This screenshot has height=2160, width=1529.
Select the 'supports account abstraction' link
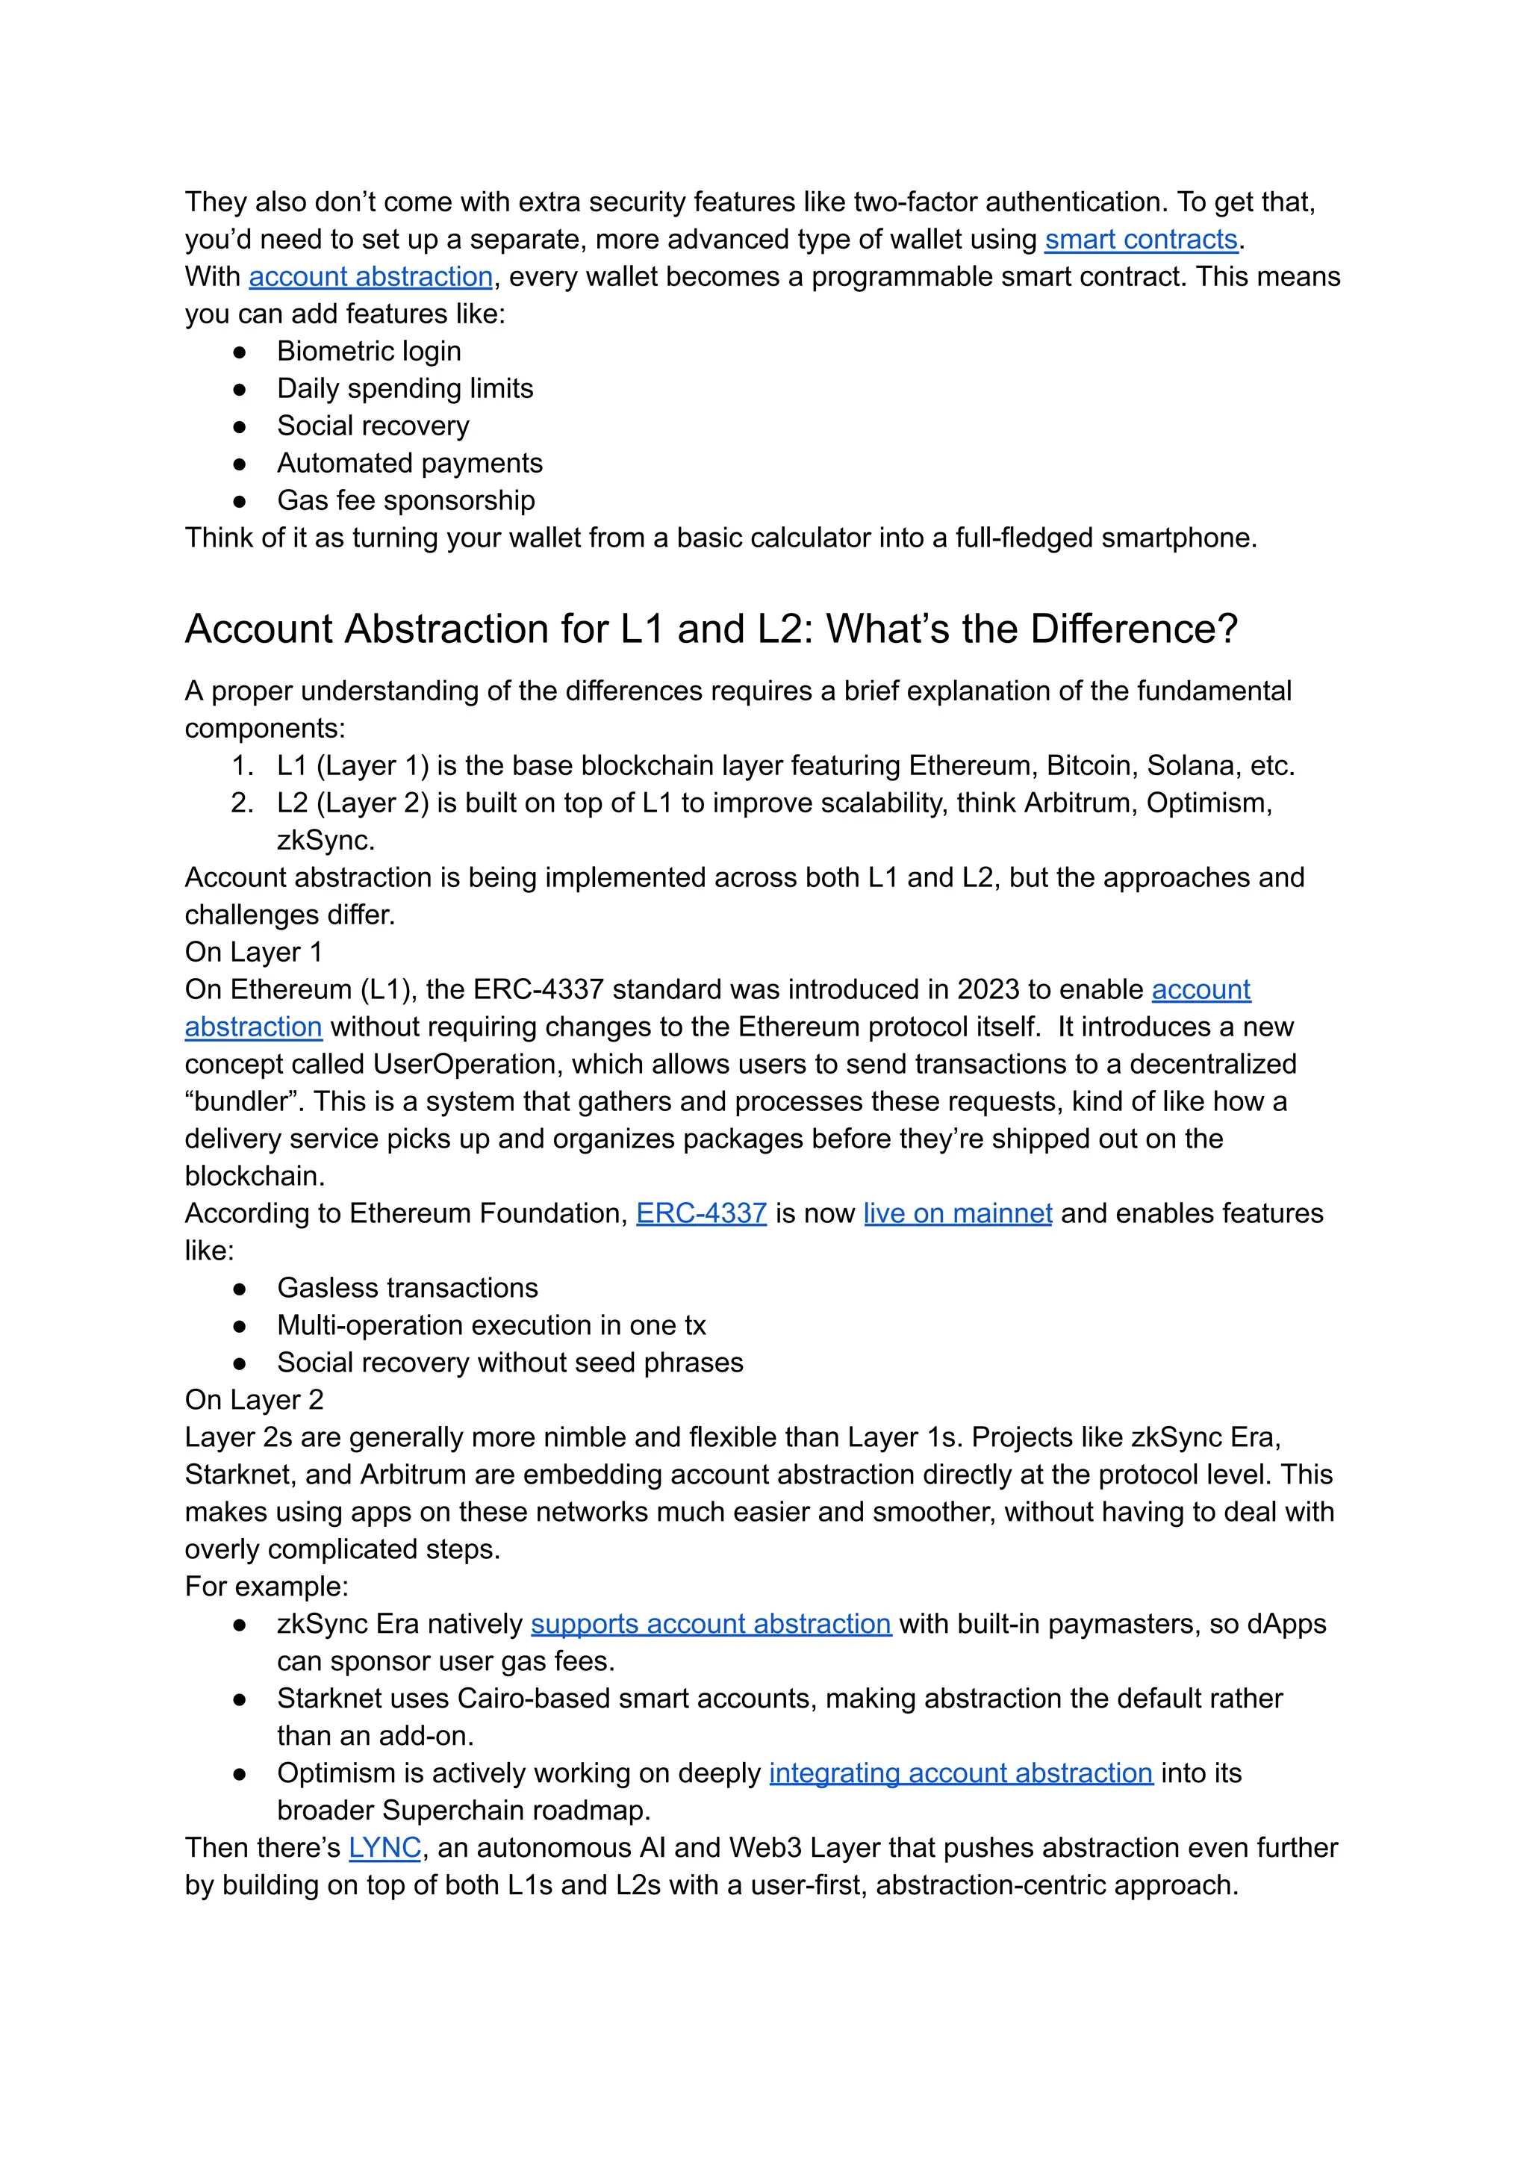[x=710, y=1623]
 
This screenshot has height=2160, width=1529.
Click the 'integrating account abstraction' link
[x=960, y=1773]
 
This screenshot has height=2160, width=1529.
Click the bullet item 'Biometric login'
[x=368, y=351]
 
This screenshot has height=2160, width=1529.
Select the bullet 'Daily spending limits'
[x=404, y=389]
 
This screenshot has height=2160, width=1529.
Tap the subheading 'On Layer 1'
[x=253, y=952]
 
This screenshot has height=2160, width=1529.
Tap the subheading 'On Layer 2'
[x=253, y=1400]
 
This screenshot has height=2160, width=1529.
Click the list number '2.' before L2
[x=242, y=803]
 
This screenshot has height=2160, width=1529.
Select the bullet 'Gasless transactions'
[x=407, y=1288]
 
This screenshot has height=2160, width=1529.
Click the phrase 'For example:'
[x=267, y=1587]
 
